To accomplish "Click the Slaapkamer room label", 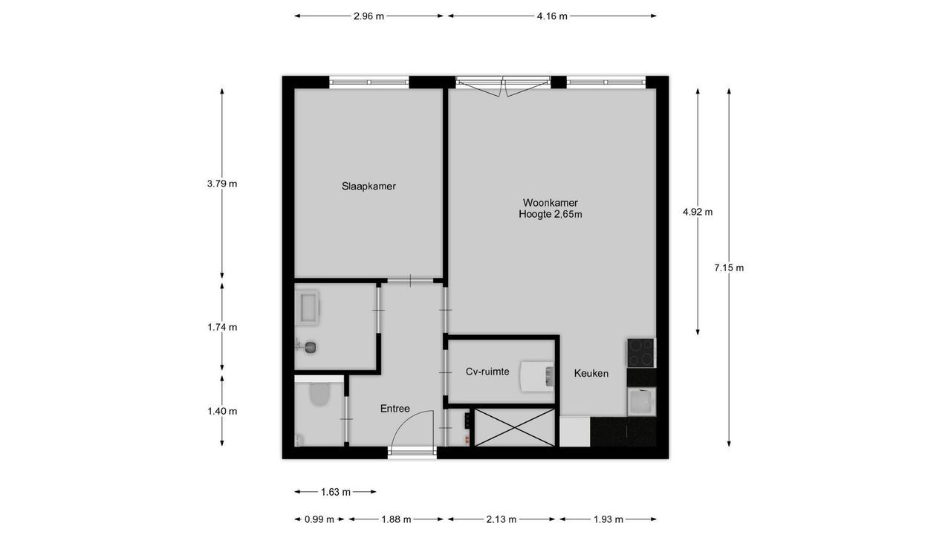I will (369, 187).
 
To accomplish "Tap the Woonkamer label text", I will (550, 203).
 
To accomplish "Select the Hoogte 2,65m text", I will (550, 215).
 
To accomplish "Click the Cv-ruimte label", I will (487, 372).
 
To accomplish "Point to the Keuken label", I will (591, 374).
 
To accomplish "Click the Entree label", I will (395, 409).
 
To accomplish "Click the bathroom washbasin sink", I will (307, 307).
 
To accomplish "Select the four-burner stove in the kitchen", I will (640, 352).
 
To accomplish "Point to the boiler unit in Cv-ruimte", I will (536, 374).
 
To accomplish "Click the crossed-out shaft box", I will (514, 428).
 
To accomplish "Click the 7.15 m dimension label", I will (729, 268).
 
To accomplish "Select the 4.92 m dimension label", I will (698, 212).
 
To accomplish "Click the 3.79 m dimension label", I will (222, 184).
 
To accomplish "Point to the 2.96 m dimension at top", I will (369, 16).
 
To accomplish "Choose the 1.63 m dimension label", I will (336, 492).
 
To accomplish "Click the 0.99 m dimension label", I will (319, 519).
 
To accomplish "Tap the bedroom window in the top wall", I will (369, 82).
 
